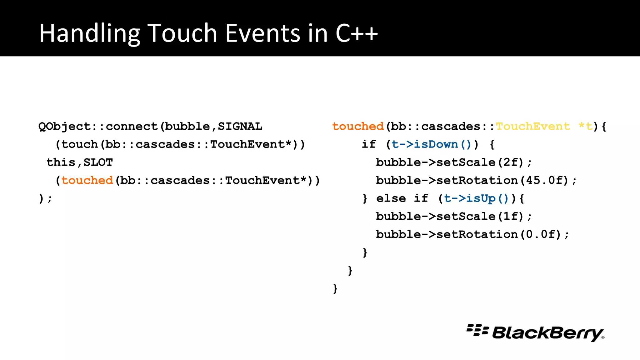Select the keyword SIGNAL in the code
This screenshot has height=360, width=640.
coord(240,127)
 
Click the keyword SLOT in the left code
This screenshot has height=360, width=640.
coord(98,162)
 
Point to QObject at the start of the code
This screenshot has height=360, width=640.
coord(64,127)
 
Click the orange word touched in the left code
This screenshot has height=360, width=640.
coord(87,180)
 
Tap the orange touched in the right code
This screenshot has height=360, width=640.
coord(358,127)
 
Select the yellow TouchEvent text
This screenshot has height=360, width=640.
coord(533,127)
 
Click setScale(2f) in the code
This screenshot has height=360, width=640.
coord(480,162)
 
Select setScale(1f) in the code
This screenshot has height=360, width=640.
coord(480,216)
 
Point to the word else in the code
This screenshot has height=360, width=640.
coord(391,198)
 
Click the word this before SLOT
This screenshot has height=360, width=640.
coord(61,162)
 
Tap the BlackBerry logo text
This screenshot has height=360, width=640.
coord(547,333)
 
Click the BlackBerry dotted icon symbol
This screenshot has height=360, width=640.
coord(477,330)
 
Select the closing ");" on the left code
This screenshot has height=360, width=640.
coord(45,199)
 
